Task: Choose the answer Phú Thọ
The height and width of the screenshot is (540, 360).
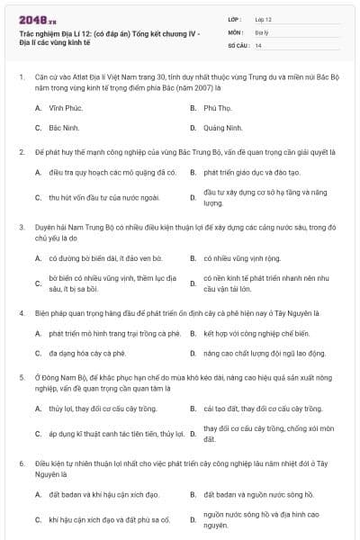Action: pyautogui.click(x=217, y=108)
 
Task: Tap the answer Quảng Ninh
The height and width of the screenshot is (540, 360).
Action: pyautogui.click(x=223, y=128)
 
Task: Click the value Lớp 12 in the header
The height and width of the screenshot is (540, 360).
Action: pyautogui.click(x=263, y=19)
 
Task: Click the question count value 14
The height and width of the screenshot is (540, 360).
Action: pyautogui.click(x=258, y=44)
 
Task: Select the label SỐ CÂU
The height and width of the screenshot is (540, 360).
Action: pyautogui.click(x=238, y=44)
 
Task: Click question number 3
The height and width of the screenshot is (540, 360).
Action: pyautogui.click(x=21, y=228)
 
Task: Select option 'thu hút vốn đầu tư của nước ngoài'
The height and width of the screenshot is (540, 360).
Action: pyautogui.click(x=103, y=197)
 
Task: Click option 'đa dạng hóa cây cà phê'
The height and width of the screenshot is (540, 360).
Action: pyautogui.click(x=87, y=354)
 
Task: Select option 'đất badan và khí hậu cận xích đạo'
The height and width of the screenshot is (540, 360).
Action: pyautogui.click(x=103, y=494)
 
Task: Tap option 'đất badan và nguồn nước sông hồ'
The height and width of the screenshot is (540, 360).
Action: pyautogui.click(x=258, y=494)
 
